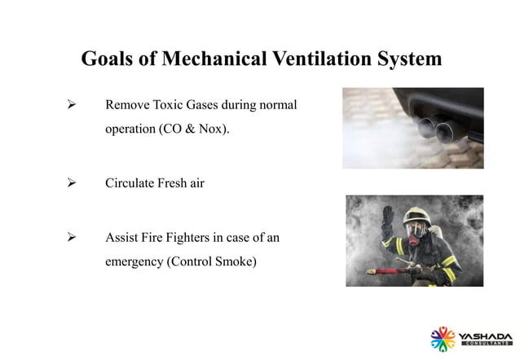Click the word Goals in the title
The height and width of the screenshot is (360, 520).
coord(109,59)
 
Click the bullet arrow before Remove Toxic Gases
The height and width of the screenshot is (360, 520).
coord(71,107)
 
